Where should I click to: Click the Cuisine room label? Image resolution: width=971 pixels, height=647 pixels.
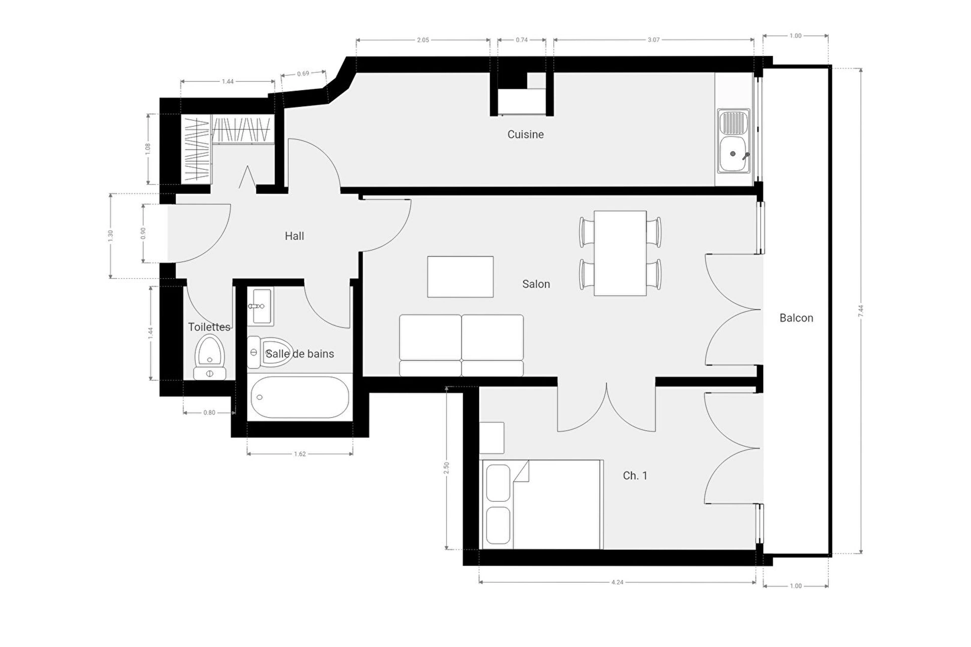tap(525, 134)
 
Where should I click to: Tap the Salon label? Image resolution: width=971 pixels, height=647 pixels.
tap(536, 284)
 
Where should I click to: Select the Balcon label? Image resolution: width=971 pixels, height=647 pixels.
tap(797, 318)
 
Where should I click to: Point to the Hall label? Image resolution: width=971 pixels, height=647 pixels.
tap(294, 236)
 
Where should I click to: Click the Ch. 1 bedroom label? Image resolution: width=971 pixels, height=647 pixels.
tap(635, 476)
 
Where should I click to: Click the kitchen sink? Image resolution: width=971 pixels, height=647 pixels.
tap(733, 141)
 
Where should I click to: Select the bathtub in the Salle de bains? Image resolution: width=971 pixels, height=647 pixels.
tap(300, 397)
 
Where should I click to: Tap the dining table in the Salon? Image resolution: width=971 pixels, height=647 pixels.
tap(620, 253)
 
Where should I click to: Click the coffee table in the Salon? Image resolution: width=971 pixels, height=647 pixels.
tap(460, 276)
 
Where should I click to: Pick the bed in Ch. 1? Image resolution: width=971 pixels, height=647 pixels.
tap(542, 504)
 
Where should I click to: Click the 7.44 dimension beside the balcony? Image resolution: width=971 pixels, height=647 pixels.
tap(861, 311)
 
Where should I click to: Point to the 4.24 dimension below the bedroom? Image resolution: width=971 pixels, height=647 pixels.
tap(617, 582)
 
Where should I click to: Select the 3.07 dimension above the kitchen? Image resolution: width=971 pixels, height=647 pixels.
tap(654, 39)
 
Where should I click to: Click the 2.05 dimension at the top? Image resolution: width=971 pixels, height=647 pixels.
tap(423, 40)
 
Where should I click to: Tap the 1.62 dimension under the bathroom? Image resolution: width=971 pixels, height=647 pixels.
tap(300, 454)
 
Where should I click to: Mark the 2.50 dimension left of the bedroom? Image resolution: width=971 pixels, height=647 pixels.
tap(446, 468)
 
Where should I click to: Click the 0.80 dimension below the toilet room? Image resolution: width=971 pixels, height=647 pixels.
tap(209, 412)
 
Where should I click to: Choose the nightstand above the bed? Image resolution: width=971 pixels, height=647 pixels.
tap(492, 438)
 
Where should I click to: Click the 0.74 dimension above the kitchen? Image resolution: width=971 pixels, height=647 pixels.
tap(522, 39)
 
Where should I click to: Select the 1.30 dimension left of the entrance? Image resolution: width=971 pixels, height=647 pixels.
tap(110, 236)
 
